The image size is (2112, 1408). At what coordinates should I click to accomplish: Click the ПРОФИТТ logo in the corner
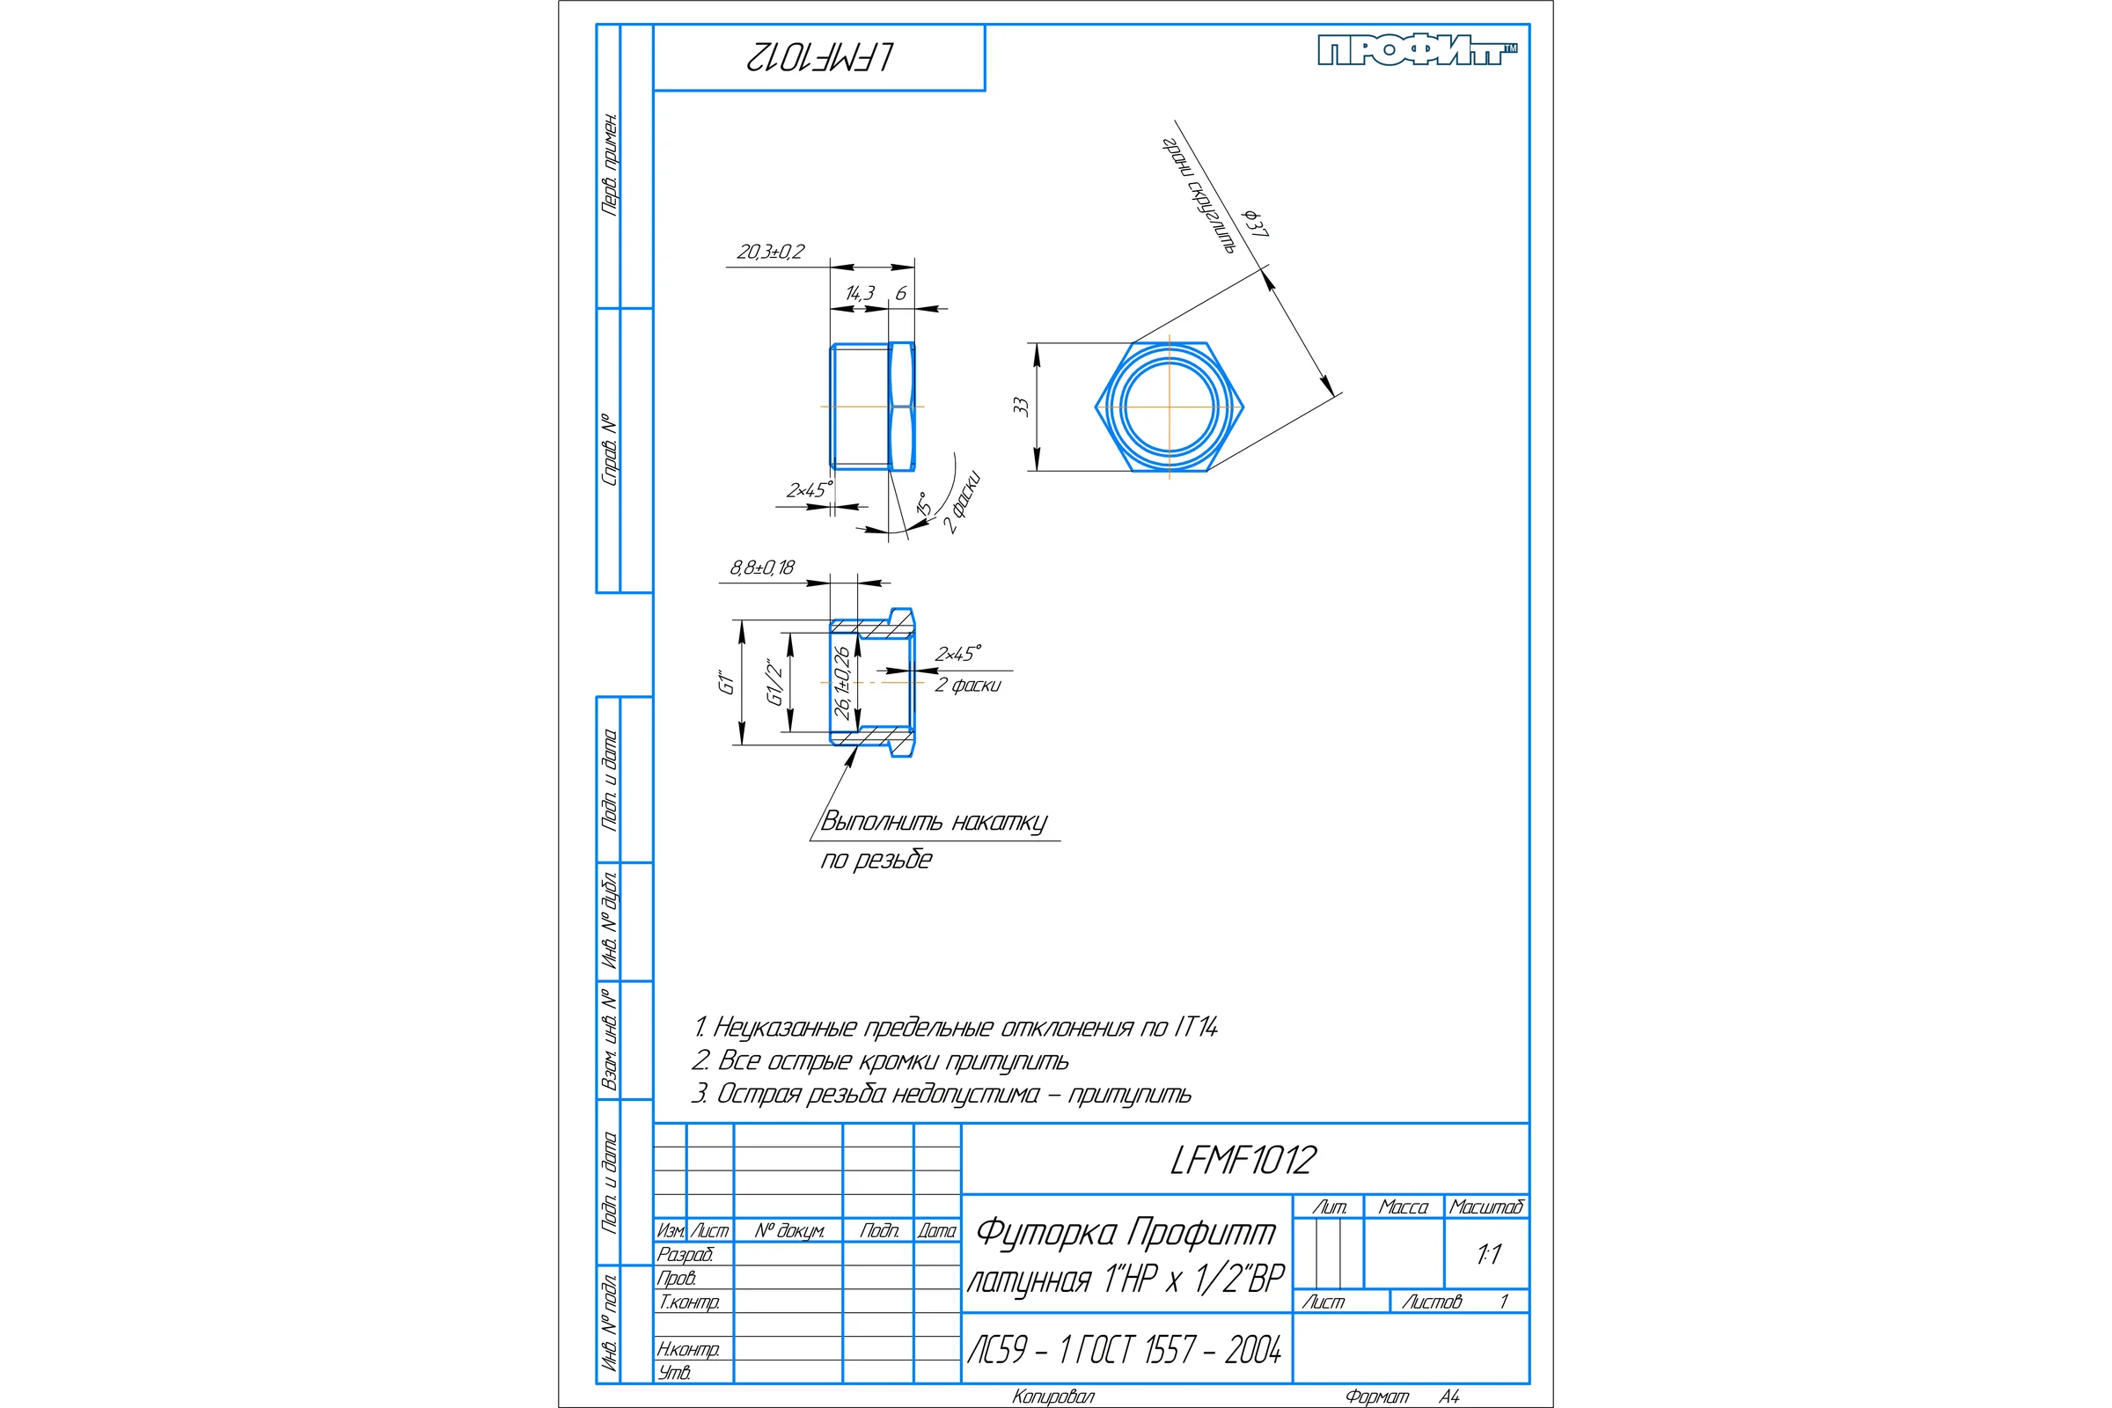1418,50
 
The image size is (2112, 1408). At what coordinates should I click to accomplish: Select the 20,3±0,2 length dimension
771,253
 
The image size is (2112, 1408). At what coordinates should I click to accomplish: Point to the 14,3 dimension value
860,294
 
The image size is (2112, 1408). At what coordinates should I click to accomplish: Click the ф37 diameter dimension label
1256,224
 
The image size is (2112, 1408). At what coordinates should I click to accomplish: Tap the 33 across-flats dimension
1020,406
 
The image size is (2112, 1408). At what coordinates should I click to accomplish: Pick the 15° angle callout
922,503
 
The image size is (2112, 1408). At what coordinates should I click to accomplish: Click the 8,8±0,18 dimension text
761,568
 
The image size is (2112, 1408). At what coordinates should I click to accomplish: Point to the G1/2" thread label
774,683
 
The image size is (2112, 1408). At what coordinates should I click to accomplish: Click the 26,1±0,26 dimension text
841,683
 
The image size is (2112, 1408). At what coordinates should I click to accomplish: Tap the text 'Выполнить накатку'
934,823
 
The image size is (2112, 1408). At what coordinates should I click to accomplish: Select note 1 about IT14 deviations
956,1027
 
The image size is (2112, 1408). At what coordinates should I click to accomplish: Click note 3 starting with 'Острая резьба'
941,1094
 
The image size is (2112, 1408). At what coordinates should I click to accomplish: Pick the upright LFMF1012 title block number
1243,1160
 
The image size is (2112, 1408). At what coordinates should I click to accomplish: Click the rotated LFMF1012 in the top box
820,57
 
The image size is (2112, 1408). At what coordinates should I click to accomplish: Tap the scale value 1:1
1488,1255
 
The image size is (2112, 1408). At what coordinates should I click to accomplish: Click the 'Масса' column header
1403,1207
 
